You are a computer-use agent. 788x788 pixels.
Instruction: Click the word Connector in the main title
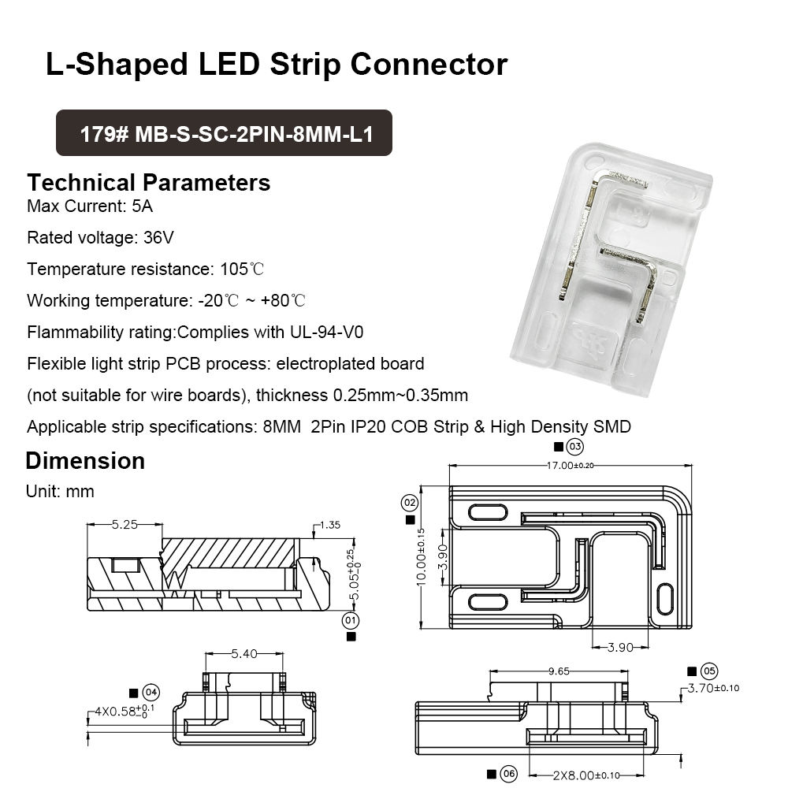429,64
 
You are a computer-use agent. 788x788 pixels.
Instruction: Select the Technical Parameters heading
148,183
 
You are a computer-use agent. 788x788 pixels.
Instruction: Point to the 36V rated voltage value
158,237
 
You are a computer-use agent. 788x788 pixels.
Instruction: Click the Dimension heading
85,461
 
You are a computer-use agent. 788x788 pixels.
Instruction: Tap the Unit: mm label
60,492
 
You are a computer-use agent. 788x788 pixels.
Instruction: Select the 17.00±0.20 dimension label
571,465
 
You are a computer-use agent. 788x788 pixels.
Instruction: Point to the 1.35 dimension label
330,524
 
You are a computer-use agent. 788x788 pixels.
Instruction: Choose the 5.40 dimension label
243,653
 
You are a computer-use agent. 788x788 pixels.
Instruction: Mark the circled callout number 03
575,448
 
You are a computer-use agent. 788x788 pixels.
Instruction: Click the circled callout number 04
151,693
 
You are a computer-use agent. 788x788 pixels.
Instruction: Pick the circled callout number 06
507,774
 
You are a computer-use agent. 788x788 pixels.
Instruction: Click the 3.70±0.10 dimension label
714,688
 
